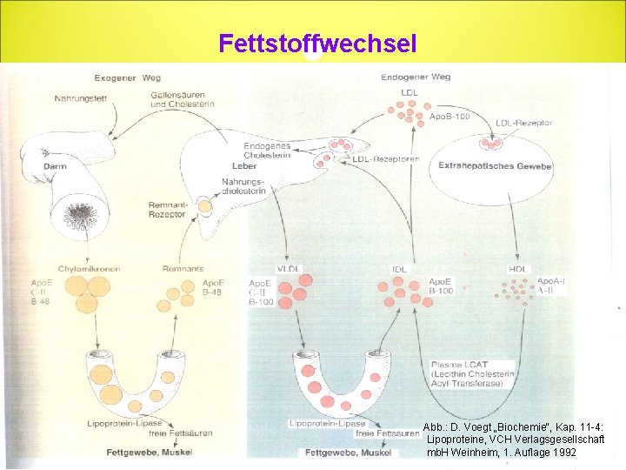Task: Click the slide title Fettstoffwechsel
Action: [317, 43]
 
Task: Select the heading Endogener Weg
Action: [415, 77]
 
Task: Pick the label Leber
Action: [244, 166]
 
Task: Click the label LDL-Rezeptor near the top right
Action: [523, 124]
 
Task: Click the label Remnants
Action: [183, 269]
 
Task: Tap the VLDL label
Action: [289, 269]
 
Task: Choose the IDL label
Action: [399, 269]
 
